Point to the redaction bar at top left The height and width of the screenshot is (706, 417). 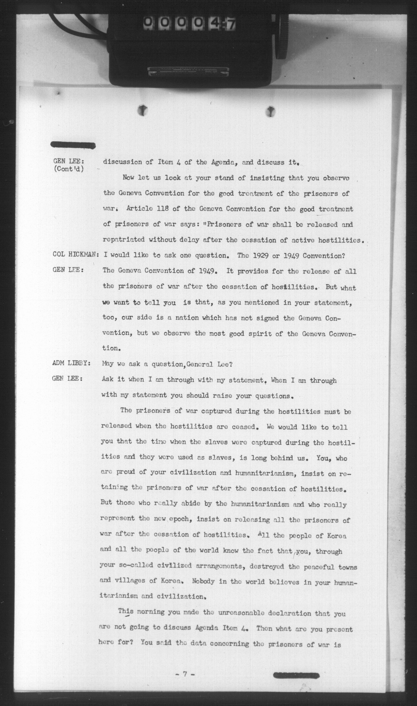pos(73,145)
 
